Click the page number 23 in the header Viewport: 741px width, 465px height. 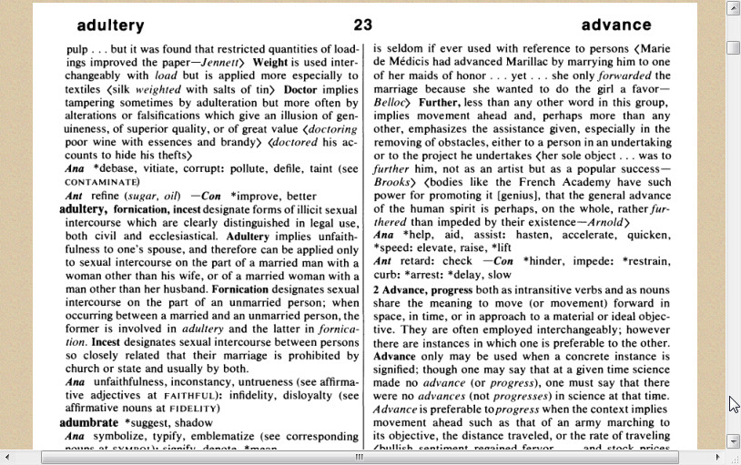tap(363, 25)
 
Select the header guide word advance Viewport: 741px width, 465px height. tap(616, 25)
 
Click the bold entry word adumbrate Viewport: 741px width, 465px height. tap(89, 423)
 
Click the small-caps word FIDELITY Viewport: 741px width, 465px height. tap(195, 409)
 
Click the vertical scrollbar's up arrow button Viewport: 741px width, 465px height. tap(734, 9)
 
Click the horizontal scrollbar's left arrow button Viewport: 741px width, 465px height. tap(7, 457)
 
